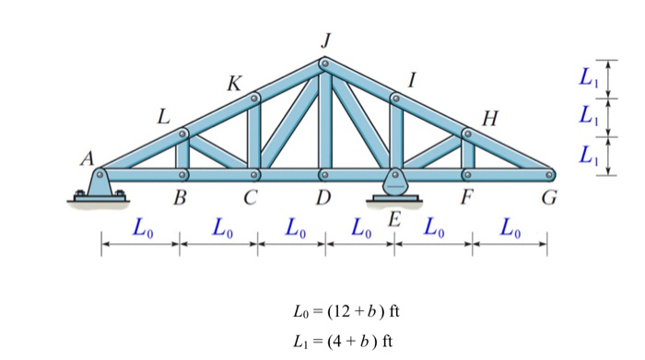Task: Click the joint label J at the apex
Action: point(324,40)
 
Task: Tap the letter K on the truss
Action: point(235,84)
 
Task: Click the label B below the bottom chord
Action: point(180,196)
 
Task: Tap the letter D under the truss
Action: point(322,196)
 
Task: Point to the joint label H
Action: point(488,118)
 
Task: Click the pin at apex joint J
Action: point(323,64)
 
